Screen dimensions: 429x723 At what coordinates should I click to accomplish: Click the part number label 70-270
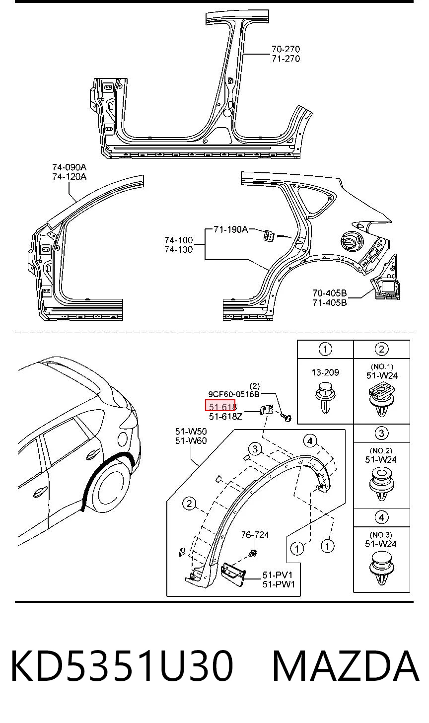click(x=286, y=49)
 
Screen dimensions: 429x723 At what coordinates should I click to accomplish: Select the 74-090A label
click(x=69, y=167)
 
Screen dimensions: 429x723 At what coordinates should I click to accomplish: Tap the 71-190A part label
click(x=231, y=229)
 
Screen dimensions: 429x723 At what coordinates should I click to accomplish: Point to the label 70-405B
click(x=330, y=293)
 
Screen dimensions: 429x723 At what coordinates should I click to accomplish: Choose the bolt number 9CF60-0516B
click(x=234, y=394)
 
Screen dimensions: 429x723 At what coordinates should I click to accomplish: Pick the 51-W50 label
click(x=191, y=431)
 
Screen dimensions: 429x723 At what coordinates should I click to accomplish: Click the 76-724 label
click(x=255, y=535)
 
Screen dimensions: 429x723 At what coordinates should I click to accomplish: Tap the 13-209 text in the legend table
click(x=325, y=372)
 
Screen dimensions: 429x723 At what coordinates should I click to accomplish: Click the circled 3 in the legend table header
click(x=381, y=433)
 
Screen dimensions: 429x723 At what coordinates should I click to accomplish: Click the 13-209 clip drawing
click(x=325, y=397)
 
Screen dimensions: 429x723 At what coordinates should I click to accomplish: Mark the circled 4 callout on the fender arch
click(x=310, y=441)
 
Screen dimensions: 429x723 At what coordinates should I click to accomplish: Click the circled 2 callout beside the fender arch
click(x=189, y=504)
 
